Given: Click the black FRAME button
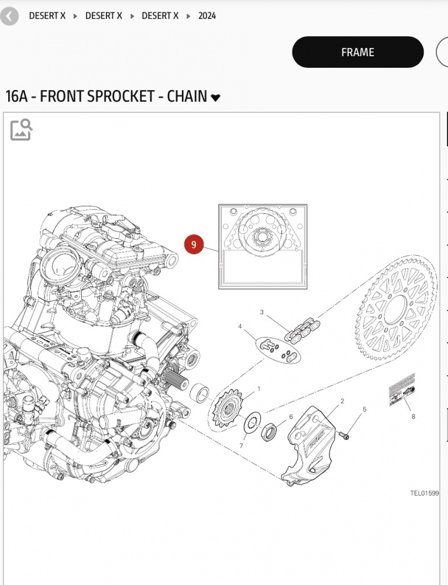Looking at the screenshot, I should point(357,52).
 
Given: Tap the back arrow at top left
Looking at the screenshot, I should point(9,16).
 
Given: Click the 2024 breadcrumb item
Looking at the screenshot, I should point(207,16).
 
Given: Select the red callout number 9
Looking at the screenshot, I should point(194,245).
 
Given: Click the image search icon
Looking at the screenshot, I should point(21,130).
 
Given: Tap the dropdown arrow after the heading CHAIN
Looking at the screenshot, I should point(216,98).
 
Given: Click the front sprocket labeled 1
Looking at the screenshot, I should point(229,408).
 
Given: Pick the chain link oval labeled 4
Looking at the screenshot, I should point(277,348).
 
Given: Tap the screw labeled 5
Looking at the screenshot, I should point(344,435).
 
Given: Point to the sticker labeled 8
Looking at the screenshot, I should point(402,390).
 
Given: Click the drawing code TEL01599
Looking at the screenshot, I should point(424,493).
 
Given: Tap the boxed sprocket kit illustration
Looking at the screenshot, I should point(263,246).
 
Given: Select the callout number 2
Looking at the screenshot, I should point(342,401).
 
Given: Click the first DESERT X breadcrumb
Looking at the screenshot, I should point(47,16).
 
